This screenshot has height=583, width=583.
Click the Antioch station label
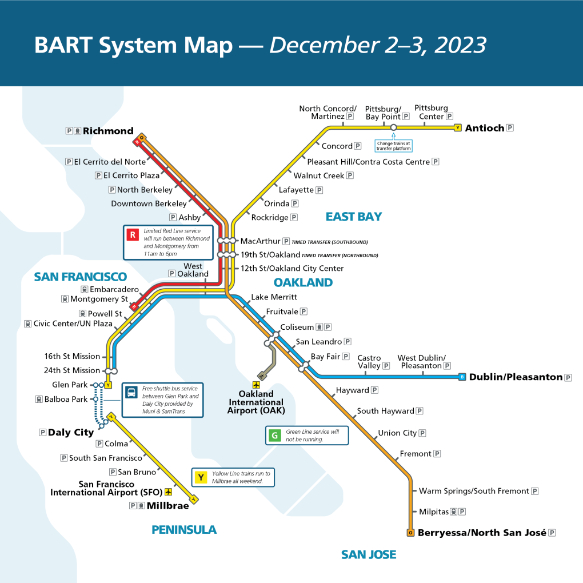[x=484, y=128]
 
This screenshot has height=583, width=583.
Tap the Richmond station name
[x=108, y=131]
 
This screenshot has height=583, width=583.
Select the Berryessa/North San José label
[x=482, y=533]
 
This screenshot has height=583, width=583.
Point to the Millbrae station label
[x=167, y=505]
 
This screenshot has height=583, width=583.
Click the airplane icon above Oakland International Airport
[x=255, y=385]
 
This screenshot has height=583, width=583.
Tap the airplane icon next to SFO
[x=168, y=492]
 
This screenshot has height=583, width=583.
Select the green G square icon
[x=275, y=436]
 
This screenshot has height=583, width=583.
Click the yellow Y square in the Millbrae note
[x=201, y=477]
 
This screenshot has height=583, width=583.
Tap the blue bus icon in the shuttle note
[x=131, y=393]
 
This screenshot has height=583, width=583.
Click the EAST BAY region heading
[x=353, y=217]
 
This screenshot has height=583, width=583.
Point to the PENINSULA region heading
[x=184, y=530]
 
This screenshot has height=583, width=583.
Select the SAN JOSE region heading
[x=368, y=554]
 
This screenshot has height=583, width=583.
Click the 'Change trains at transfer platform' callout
[x=393, y=146]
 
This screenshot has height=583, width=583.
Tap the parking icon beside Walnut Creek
[x=350, y=175]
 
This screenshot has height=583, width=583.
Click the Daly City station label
[x=70, y=433]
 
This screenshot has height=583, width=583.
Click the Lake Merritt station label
[x=274, y=297]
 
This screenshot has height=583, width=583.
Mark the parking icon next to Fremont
[x=437, y=454]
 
